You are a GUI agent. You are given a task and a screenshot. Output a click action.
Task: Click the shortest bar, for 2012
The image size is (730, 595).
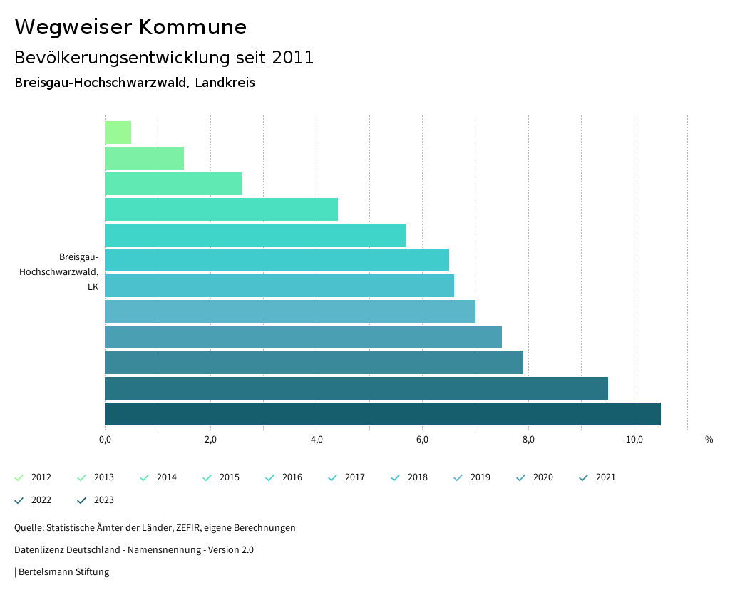click(118, 133)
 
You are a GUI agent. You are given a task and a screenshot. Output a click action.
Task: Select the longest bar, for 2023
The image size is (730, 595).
click(382, 414)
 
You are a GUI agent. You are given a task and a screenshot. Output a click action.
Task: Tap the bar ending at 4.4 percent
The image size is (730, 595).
click(221, 209)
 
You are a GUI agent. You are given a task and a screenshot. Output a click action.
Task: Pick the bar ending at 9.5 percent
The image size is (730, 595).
click(356, 388)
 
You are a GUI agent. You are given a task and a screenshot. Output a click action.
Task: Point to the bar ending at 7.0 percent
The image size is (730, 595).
click(289, 311)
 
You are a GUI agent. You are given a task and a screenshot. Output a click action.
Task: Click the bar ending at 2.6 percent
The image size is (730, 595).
click(173, 184)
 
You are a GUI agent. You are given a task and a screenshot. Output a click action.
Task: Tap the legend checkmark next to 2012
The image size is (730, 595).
click(19, 477)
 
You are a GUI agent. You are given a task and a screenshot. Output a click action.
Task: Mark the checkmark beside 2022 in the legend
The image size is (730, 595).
click(19, 500)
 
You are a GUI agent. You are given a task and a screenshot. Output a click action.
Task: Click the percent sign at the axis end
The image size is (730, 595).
click(709, 440)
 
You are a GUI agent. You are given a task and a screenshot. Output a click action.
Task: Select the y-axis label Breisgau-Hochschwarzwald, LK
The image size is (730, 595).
click(60, 271)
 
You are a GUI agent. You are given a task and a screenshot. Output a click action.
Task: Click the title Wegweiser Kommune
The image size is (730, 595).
click(130, 27)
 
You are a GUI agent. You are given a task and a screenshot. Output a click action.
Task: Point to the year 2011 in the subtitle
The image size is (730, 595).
click(293, 58)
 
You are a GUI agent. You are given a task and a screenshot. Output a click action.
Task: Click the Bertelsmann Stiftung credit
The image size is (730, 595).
click(63, 572)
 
